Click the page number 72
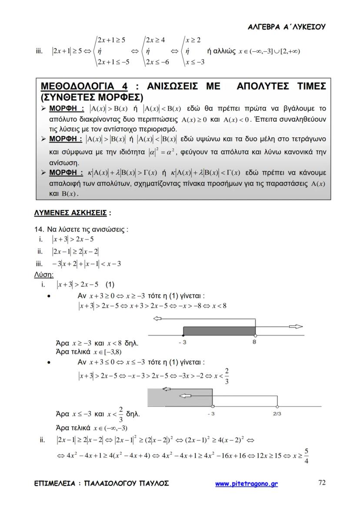tap(322, 482)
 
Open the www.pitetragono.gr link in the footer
tap(247, 483)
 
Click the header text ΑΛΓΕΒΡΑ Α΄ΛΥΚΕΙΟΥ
tap(287, 27)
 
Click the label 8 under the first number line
tap(254, 343)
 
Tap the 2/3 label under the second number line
tap(277, 414)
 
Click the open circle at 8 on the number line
tap(255, 336)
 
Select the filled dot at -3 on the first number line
tap(183, 336)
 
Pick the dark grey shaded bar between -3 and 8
tap(219, 331)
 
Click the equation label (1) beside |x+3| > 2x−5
tap(109, 285)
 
